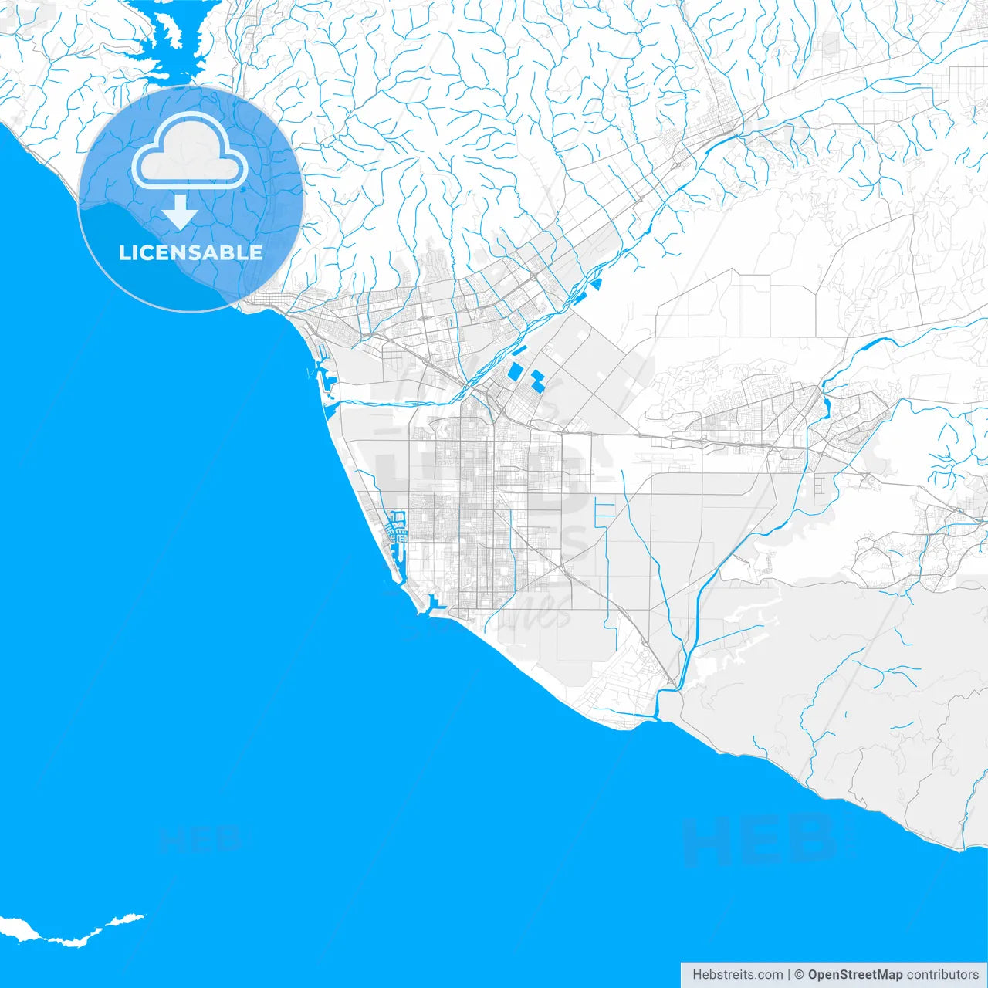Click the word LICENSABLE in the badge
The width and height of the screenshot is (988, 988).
coord(191,252)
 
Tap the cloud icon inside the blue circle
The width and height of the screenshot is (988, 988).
coord(190,151)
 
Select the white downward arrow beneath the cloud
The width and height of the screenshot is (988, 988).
coord(180,211)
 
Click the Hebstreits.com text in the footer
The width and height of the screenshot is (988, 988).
coord(737,975)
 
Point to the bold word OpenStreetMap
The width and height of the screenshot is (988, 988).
coord(854,975)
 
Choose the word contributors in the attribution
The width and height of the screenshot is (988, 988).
coord(942,975)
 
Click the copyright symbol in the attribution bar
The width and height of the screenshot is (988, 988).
coord(799,975)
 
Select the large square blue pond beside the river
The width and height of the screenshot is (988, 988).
coord(515,371)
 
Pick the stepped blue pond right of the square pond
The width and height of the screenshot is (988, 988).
coord(537,380)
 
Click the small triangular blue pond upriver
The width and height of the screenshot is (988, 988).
coord(597,284)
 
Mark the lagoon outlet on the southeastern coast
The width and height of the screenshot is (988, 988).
coord(657,716)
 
